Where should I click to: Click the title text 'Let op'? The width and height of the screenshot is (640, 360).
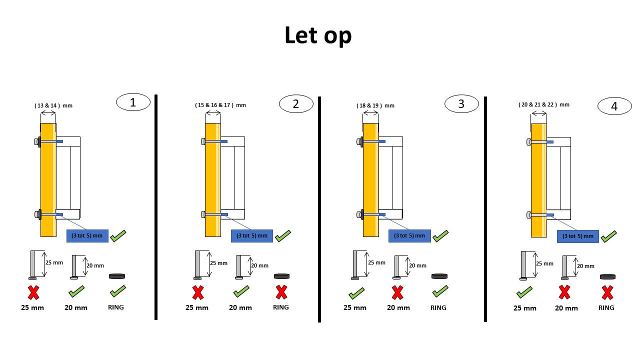click(x=318, y=35)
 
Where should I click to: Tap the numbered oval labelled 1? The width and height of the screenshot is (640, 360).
click(x=133, y=102)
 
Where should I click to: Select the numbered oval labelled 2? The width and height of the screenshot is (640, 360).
click(x=296, y=104)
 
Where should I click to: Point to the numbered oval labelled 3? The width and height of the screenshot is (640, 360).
click(x=461, y=104)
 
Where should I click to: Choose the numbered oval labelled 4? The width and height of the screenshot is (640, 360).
click(x=614, y=106)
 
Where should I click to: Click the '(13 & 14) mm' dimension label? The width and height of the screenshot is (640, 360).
click(x=53, y=105)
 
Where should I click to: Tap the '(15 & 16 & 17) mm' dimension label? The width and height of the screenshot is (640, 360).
click(x=220, y=105)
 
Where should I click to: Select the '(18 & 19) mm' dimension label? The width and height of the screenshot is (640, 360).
click(x=375, y=105)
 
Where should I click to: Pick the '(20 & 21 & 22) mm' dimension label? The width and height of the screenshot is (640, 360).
click(x=544, y=104)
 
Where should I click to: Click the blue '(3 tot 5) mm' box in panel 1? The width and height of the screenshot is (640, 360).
click(x=87, y=235)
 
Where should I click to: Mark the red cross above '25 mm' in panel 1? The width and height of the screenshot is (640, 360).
click(x=33, y=292)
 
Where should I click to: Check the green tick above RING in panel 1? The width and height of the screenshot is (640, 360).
click(x=117, y=291)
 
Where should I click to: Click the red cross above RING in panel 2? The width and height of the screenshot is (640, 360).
click(x=281, y=292)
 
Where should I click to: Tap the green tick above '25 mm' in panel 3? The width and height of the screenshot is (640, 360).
click(x=356, y=292)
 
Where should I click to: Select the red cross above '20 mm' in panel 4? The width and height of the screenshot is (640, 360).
click(x=564, y=292)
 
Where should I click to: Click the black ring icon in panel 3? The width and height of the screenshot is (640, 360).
click(x=439, y=276)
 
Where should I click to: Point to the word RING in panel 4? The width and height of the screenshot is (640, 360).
click(x=606, y=308)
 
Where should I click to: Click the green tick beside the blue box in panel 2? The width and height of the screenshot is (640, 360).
click(x=282, y=235)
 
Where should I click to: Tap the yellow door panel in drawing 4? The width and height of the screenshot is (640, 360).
click(x=538, y=180)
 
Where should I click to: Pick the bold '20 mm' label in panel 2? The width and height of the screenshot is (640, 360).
click(x=240, y=308)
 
